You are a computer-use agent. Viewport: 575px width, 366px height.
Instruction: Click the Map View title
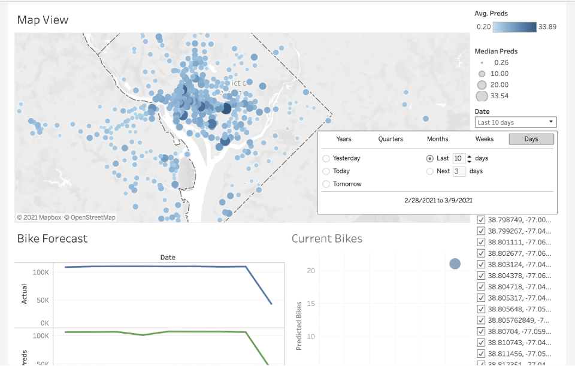coord(43,20)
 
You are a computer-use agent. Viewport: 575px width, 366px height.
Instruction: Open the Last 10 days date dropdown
coord(516,122)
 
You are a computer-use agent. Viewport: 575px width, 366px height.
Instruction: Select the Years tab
coord(344,139)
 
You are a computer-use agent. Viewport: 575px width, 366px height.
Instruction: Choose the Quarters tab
coord(391,139)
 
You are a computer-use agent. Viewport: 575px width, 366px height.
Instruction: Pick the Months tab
coord(437,139)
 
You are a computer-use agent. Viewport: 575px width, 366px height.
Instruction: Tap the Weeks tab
coord(485,139)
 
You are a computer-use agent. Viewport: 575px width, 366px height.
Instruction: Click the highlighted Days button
coord(531,139)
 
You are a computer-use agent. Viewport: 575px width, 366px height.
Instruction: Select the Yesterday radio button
coord(326,159)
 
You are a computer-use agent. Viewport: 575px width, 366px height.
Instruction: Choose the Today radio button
coord(326,171)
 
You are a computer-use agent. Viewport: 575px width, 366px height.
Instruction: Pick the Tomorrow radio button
coord(326,184)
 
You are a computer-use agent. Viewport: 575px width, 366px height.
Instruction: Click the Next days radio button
coord(429,171)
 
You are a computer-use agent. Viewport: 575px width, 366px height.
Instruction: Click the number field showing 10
coord(458,158)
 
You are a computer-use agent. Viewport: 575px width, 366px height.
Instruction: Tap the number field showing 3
coord(459,171)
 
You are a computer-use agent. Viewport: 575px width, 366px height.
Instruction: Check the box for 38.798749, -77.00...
coord(481,220)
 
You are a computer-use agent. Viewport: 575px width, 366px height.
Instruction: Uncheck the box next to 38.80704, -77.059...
coord(481,331)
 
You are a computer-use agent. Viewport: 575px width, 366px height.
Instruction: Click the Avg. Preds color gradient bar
coord(515,27)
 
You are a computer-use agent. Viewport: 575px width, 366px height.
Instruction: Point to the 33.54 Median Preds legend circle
coord(482,96)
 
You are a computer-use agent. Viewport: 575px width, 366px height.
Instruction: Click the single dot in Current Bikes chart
coord(455,264)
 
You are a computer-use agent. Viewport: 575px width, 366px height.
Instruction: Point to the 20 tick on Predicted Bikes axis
coord(311,271)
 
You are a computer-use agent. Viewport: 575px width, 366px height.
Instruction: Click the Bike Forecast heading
coord(52,238)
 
